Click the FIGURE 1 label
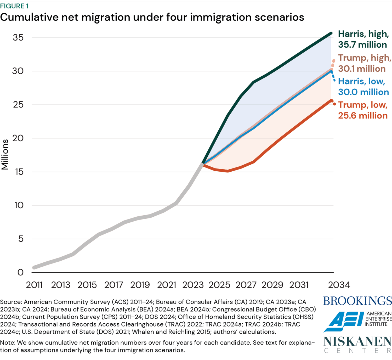pos(14,6)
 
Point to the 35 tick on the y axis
pos(18,38)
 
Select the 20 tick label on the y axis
pos(18,138)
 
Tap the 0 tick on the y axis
pos(20,272)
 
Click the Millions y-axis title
pos(5,154)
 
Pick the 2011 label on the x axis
pos(34,285)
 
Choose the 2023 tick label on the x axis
pos(193,285)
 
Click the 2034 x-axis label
pos(339,285)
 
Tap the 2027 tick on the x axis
pos(246,285)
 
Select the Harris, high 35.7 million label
pos(363,39)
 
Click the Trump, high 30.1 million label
pos(364,63)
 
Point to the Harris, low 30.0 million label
pos(363,87)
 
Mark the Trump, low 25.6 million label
pos(363,110)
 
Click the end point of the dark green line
pos(331,33)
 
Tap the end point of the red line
pos(332,101)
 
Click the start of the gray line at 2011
pos(34,267)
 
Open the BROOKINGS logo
pos(357,301)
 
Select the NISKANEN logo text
pos(357,342)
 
